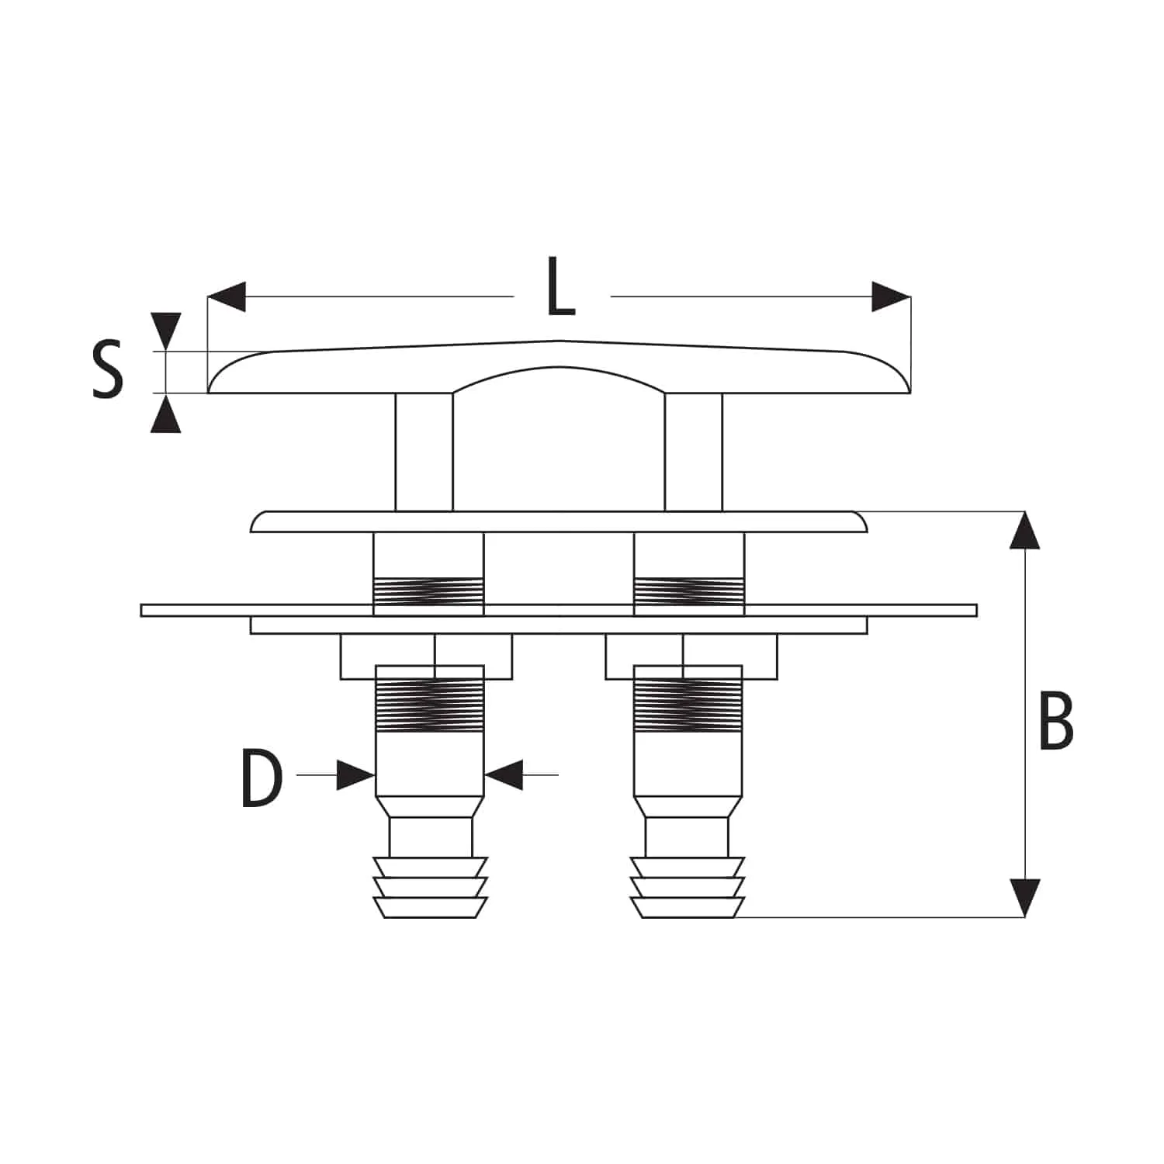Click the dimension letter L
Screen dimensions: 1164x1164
click(x=561, y=287)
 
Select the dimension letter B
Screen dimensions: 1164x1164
click(x=1056, y=722)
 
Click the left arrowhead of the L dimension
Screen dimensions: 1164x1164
click(x=227, y=296)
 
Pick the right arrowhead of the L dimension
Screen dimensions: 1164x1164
click(x=891, y=296)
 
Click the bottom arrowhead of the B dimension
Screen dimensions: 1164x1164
click(x=1025, y=899)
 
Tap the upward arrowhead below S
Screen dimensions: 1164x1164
click(x=166, y=413)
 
